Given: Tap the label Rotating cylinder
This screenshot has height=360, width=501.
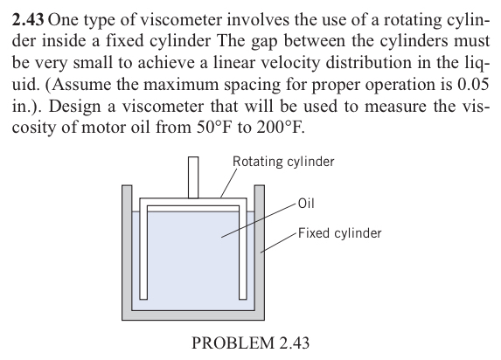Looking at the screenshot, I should coord(282,162).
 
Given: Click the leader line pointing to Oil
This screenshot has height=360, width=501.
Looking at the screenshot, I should coord(258,220).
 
